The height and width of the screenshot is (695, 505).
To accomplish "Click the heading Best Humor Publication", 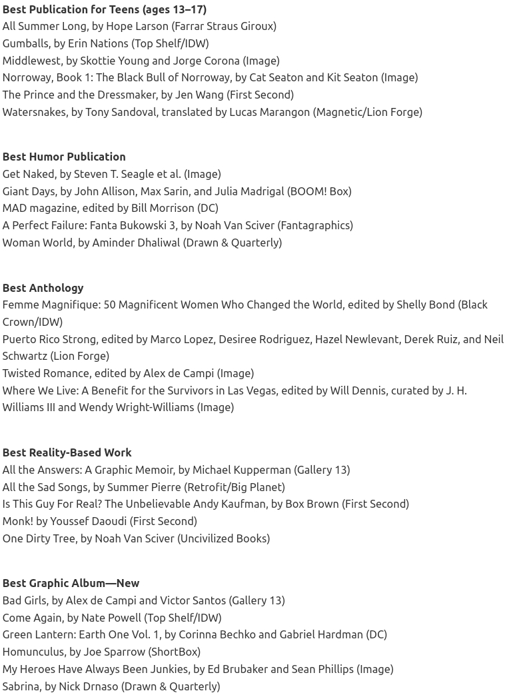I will (64, 157).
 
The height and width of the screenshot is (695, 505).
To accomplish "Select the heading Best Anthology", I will (43, 288).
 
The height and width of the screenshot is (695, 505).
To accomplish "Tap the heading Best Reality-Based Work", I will (67, 452).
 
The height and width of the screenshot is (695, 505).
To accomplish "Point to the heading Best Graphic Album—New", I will (71, 583).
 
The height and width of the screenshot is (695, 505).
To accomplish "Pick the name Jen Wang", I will (199, 95).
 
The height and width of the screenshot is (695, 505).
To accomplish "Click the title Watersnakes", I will (34, 112).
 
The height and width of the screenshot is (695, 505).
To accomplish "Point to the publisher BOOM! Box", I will (319, 191).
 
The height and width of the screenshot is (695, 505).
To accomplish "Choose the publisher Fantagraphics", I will (315, 225).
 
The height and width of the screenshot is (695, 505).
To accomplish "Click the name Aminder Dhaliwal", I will (136, 243).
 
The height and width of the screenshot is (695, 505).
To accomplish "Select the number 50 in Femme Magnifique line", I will (109, 305).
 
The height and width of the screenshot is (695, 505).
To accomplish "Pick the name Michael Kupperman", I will (241, 470).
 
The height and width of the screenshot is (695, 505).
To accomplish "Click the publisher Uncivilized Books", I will (223, 538).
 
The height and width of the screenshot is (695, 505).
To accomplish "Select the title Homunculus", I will (33, 652).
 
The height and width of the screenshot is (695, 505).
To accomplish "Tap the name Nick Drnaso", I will (88, 686).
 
